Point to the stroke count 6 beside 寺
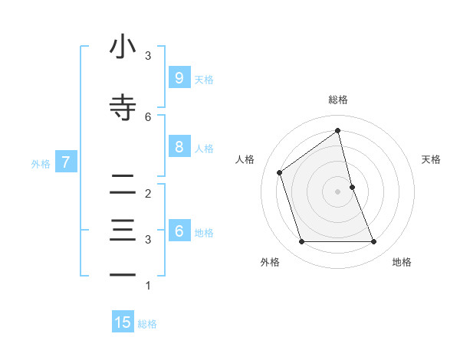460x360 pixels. pos(148,116)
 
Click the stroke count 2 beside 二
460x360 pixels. pos(148,193)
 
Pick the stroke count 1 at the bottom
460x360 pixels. pos(148,286)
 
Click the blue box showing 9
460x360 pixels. pos(179,78)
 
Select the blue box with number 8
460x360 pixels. pos(179,147)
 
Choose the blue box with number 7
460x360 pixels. pos(66,162)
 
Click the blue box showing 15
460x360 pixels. pos(123,322)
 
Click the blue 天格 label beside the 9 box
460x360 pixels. pos(204,79)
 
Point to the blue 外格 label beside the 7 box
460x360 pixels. pos(41,162)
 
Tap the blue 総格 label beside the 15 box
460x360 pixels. pos(147,323)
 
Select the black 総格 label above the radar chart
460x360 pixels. pos(337,100)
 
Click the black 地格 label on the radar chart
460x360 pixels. pos(402,262)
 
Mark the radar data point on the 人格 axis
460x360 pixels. pos(280,172)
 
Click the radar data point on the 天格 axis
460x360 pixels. pos(352,186)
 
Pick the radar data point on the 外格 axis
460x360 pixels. pos(301,241)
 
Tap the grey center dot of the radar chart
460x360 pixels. pos(337,191)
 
